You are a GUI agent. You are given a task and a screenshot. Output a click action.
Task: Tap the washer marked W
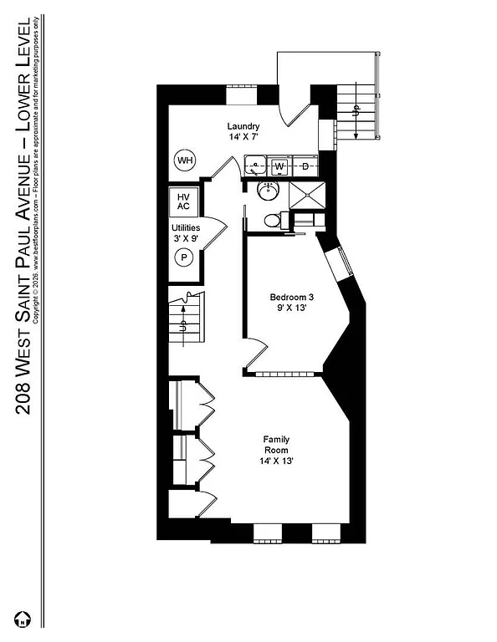click(x=280, y=166)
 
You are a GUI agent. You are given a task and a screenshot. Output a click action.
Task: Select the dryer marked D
click(x=305, y=166)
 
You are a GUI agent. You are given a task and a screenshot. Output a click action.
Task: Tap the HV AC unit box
click(x=183, y=201)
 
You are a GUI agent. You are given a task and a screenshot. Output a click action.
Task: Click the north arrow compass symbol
click(x=25, y=619)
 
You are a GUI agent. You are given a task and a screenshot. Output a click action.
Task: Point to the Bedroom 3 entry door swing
click(x=256, y=355)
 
